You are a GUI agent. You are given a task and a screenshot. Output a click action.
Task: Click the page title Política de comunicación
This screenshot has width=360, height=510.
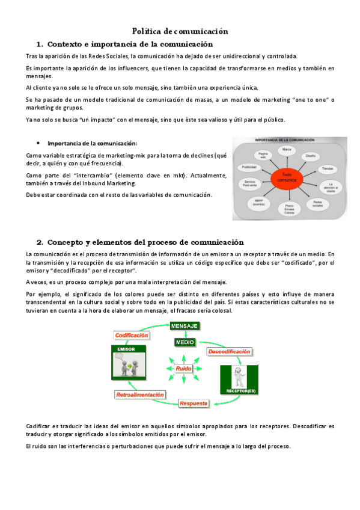coord(180,31)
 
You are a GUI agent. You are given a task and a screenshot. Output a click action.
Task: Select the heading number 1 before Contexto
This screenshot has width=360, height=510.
coord(39,45)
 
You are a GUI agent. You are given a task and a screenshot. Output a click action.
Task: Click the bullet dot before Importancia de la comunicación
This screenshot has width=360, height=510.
coord(38,143)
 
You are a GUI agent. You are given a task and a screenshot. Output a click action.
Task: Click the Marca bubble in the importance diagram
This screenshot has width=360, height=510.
coord(287,149)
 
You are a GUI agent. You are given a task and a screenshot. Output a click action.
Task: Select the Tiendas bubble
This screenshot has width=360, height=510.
coord(327,168)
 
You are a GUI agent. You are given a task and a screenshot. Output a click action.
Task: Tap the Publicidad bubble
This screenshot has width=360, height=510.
coord(249,167)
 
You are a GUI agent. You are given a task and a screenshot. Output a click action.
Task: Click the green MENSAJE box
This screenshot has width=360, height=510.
coord(185,325)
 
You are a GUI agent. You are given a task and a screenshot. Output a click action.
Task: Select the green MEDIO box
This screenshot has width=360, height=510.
coord(185,342)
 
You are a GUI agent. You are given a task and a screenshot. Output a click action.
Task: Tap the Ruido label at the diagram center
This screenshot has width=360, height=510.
coord(184,369)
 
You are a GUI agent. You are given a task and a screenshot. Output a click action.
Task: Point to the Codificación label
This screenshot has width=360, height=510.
coord(132,335)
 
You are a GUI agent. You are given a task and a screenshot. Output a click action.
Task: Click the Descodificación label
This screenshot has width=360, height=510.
coord(229,351)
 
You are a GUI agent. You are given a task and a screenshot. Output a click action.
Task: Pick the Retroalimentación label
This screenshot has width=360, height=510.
coord(139,395)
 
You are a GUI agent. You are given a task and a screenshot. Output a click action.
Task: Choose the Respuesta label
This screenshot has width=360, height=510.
coord(194,403)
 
